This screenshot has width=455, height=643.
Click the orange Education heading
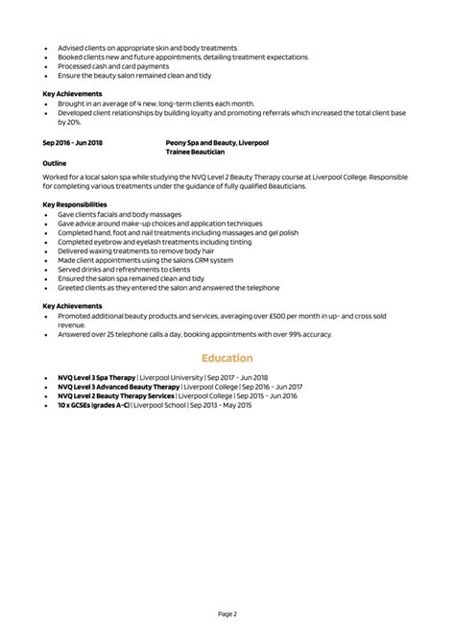(x=227, y=358)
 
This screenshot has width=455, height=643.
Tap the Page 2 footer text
(x=227, y=612)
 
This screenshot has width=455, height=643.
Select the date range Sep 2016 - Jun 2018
(x=72, y=142)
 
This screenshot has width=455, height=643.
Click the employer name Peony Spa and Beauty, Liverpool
(x=217, y=142)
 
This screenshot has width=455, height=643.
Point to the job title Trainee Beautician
(x=196, y=152)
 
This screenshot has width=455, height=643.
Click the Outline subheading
(x=55, y=163)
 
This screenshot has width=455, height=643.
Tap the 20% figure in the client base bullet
(x=75, y=122)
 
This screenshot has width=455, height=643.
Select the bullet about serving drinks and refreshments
(x=126, y=269)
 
